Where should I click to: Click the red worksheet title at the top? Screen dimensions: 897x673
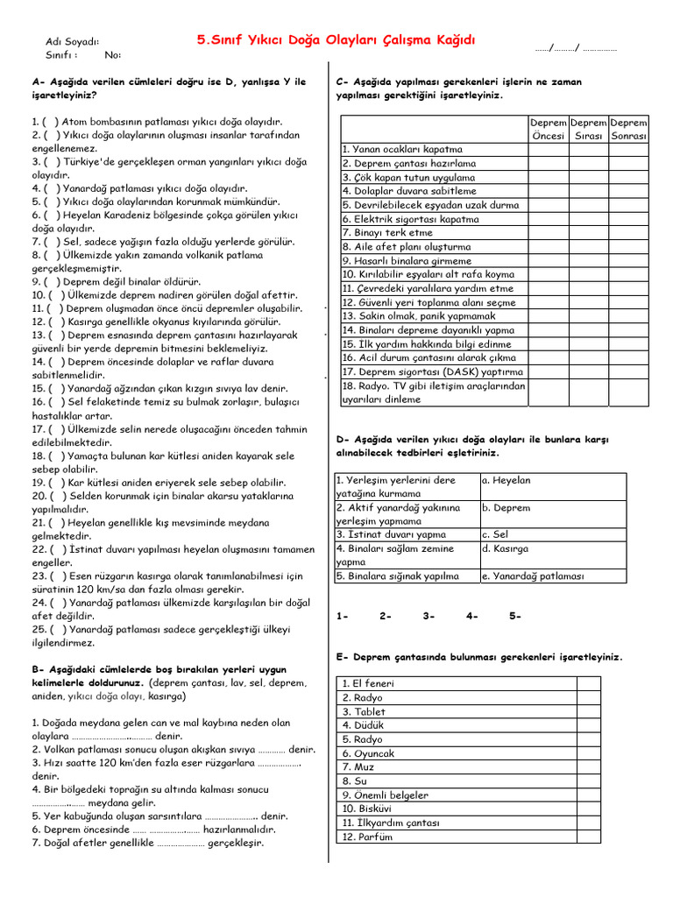click(336, 40)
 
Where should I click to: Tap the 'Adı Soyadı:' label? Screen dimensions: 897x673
click(72, 42)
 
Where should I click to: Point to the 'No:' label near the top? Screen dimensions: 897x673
click(113, 55)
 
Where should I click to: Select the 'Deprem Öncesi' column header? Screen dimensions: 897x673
click(549, 130)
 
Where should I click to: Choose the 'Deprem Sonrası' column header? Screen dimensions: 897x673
click(628, 130)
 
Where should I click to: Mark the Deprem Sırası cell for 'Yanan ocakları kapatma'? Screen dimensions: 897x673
click(588, 149)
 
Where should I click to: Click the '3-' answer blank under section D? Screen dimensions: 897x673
click(429, 616)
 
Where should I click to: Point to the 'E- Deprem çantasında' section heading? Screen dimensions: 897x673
click(478, 656)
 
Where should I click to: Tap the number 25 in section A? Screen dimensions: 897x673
click(38, 629)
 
